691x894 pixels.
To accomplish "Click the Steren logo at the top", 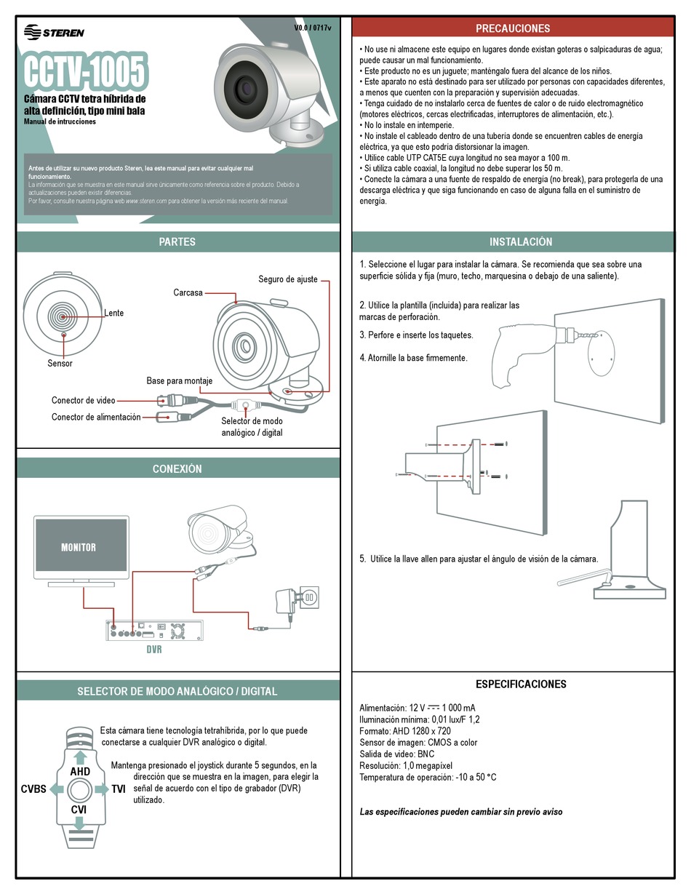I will click(55, 32).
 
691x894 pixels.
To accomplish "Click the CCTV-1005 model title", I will click(86, 71).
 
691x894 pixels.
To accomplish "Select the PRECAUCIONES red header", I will click(513, 28).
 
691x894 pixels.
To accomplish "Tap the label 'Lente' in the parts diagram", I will click(114, 313).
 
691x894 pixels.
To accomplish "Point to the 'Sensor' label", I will click(60, 363).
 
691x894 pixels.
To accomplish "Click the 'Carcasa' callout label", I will click(188, 292).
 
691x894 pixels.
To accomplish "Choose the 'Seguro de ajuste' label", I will click(288, 279).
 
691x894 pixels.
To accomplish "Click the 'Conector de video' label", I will click(83, 400).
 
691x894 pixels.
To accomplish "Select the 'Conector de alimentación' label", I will click(96, 417).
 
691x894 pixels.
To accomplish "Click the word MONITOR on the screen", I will click(79, 547).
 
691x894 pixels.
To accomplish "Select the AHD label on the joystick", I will click(80, 771).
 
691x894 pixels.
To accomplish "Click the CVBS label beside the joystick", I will click(33, 789).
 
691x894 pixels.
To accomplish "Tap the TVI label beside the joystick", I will click(119, 789).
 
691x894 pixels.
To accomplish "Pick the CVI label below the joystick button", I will click(79, 809).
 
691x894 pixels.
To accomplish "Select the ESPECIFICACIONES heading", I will click(521, 684).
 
